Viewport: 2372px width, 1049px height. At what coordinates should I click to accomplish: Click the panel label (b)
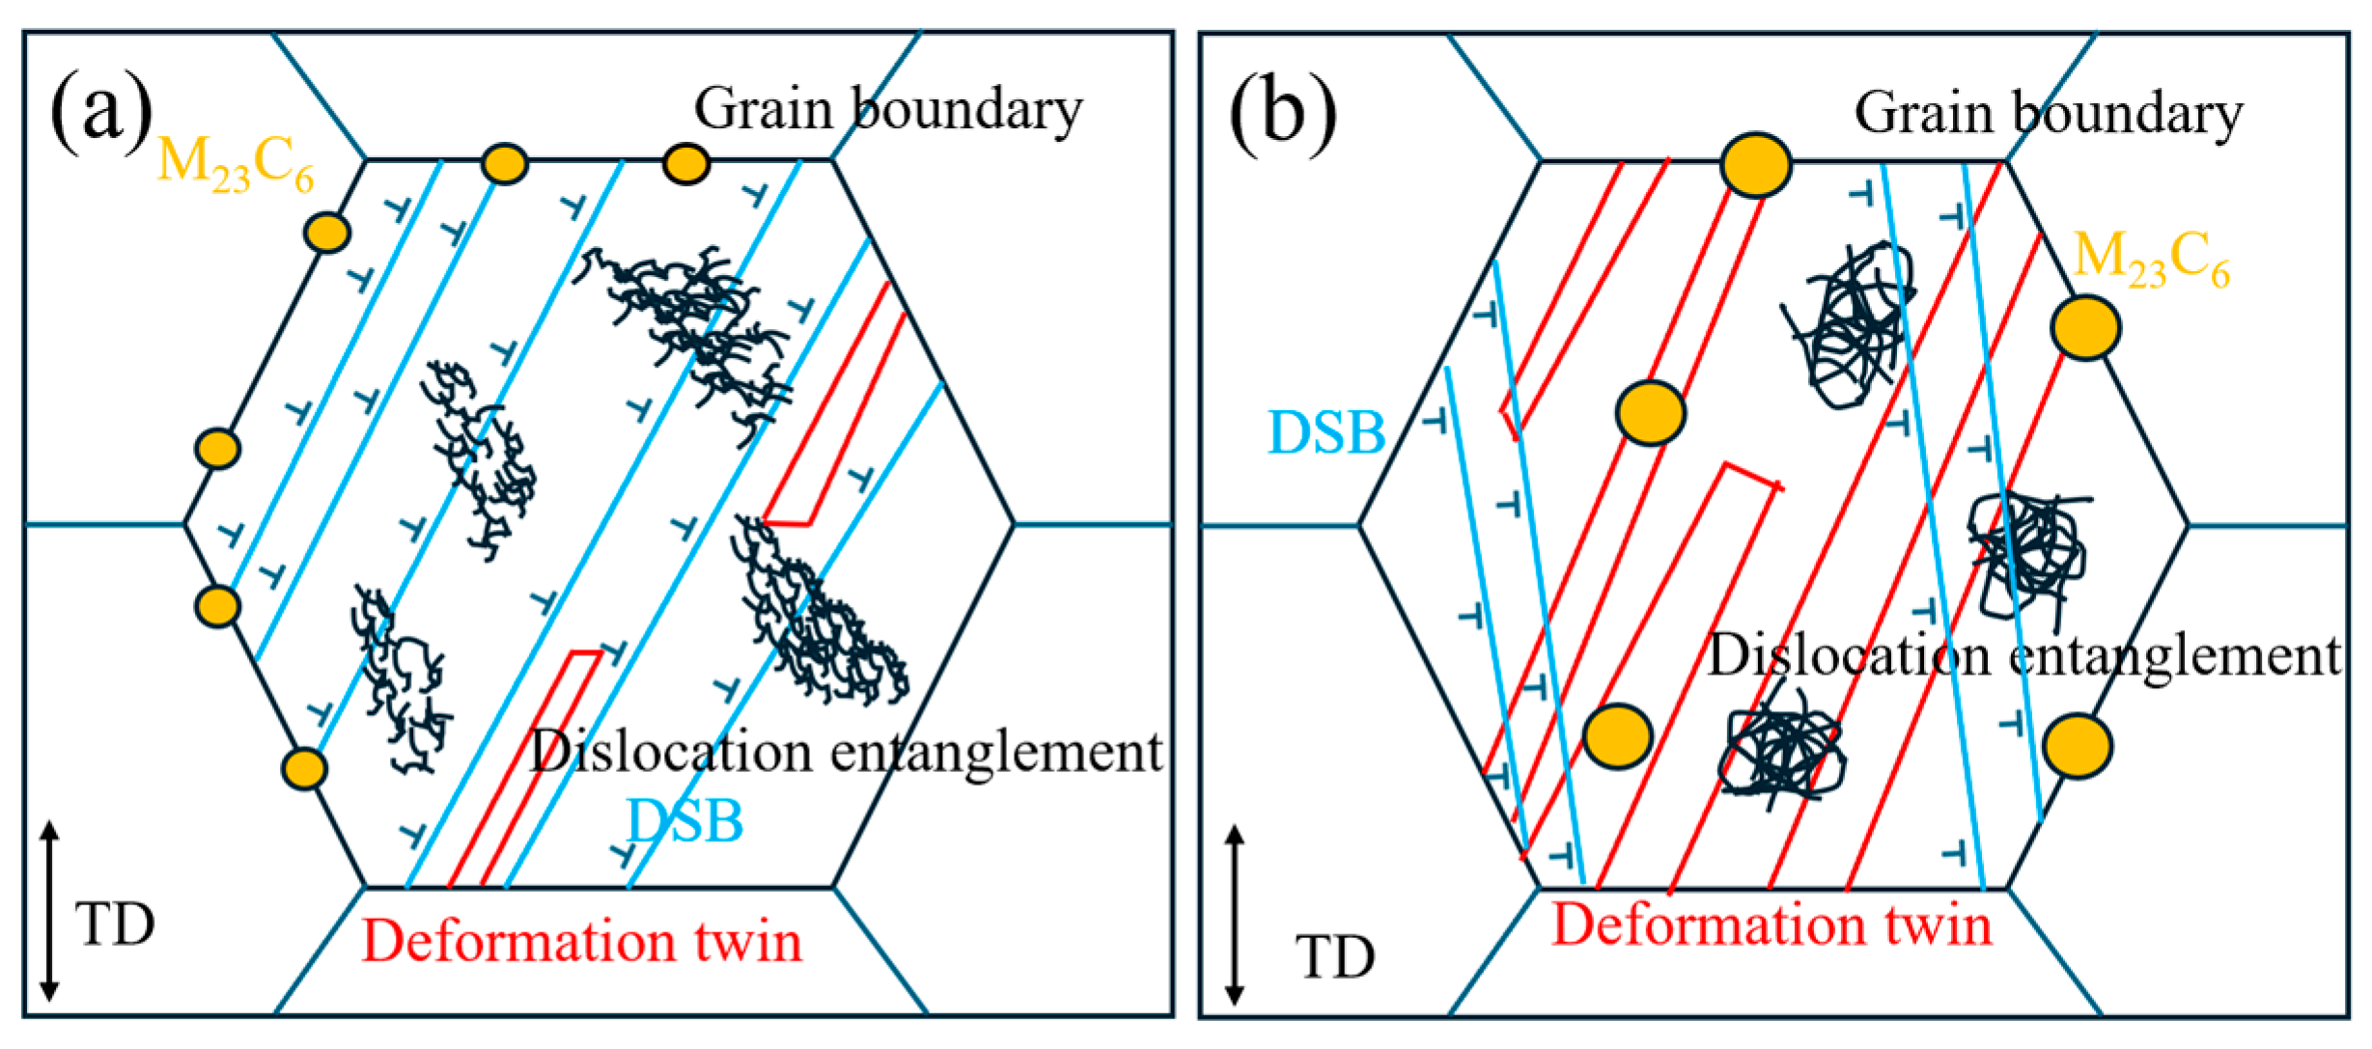1283,115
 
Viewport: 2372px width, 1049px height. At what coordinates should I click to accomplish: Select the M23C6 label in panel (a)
235,164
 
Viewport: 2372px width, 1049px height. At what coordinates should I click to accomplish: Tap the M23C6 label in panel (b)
2152,259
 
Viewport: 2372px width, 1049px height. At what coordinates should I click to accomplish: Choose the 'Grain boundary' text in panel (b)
2049,115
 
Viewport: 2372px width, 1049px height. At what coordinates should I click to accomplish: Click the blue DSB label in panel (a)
684,821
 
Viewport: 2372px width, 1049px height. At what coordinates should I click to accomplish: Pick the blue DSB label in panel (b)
1326,432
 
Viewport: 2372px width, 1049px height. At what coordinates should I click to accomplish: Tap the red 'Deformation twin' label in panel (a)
582,940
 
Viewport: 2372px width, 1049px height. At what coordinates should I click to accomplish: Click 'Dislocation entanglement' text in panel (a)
847,752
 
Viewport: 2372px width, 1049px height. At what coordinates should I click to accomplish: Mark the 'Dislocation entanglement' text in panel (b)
2025,656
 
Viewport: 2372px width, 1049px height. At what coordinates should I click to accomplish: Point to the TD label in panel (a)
115,925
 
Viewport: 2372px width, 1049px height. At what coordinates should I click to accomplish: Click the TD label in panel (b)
1335,957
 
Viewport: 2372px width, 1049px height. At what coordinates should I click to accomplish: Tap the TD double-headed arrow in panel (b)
1234,915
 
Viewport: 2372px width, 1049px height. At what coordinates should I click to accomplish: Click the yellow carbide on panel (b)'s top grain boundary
1756,165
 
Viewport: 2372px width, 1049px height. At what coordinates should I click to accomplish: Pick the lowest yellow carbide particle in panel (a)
304,769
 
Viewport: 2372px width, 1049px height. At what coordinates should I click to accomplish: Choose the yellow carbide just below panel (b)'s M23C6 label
2086,328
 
